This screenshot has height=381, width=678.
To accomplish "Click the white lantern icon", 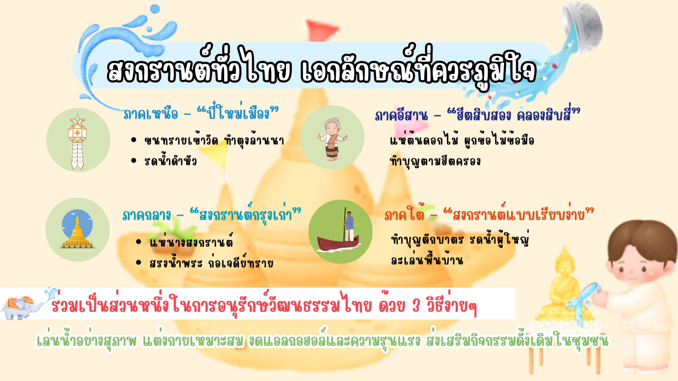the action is click(78, 142).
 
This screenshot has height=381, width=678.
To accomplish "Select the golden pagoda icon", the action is click(78, 231).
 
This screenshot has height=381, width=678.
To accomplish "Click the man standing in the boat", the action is click(349, 226).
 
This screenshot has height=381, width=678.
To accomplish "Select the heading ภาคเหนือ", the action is click(151, 114).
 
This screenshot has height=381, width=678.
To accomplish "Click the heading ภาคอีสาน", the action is click(401, 115).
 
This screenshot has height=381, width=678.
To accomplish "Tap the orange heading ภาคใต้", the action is click(404, 215).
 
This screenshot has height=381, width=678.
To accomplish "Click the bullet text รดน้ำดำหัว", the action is click(171, 161).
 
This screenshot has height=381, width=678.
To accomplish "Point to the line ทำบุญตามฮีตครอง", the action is click(435, 161).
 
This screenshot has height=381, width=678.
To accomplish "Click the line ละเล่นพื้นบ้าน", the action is click(427, 260).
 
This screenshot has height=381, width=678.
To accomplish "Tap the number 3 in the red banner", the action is click(416, 306).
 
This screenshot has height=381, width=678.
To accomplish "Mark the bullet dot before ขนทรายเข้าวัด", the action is click(134, 140).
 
